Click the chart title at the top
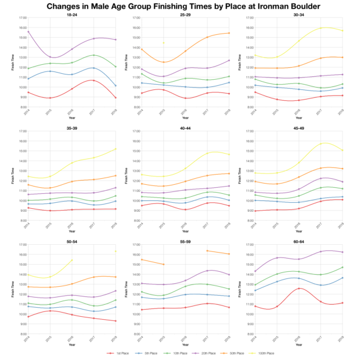[x=180, y=7]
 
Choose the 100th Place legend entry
[x=266, y=354]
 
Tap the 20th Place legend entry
[x=205, y=354]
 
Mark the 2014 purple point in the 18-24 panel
[x=28, y=31]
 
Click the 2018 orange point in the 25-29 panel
[x=229, y=33]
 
